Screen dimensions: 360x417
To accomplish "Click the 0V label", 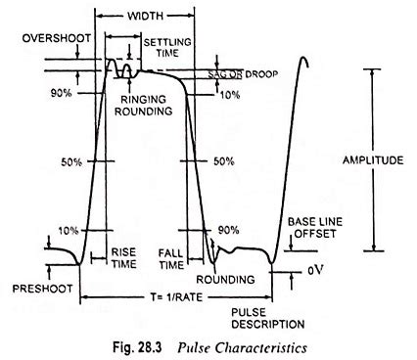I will [314, 269].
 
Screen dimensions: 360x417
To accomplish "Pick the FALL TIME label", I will [172, 257].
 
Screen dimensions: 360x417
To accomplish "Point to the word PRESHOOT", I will [38, 290].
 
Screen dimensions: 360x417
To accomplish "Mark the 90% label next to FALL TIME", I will [226, 230].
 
